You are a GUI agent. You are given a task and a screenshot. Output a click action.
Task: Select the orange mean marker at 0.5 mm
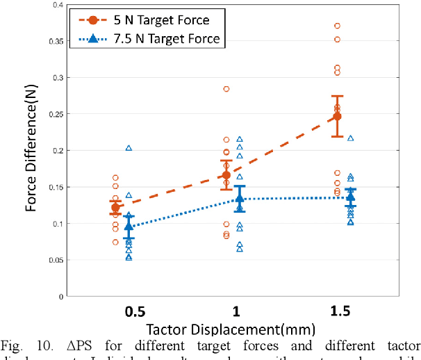click(x=115, y=208)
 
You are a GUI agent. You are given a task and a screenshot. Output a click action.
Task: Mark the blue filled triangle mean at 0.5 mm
click(x=129, y=226)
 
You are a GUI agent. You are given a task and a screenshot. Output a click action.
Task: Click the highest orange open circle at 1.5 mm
click(x=337, y=26)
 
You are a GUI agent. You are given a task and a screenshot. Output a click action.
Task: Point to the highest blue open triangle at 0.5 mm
click(x=129, y=148)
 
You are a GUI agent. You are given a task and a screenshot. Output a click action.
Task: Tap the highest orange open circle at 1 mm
click(x=226, y=89)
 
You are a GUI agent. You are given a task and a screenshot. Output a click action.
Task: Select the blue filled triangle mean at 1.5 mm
click(x=350, y=197)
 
